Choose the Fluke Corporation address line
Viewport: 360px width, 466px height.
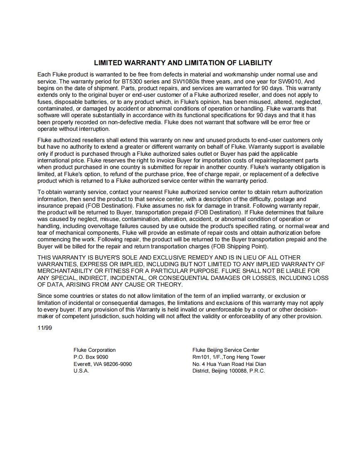94,350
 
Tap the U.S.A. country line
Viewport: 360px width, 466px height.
81,371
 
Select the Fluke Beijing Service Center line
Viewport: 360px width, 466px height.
226,350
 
